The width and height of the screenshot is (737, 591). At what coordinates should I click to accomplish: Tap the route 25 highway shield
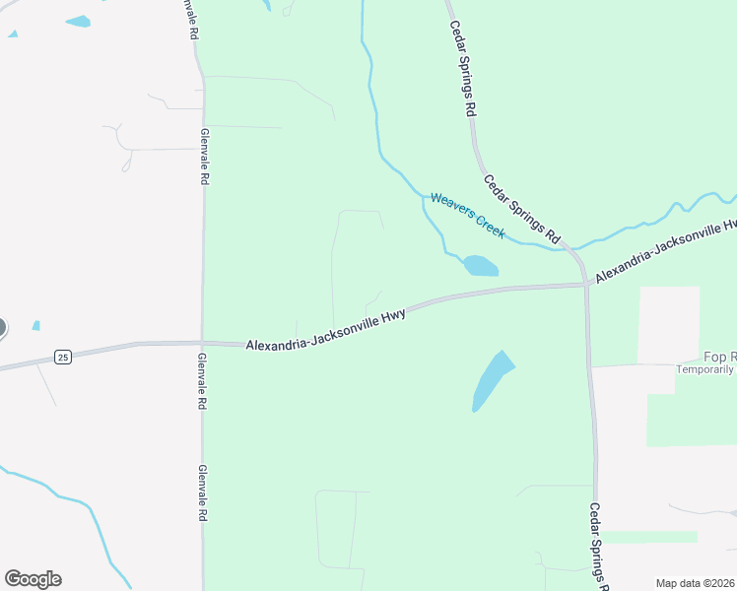point(63,357)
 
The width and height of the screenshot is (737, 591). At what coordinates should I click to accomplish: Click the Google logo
point(33,579)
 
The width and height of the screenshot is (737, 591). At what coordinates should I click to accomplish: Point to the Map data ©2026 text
point(696,583)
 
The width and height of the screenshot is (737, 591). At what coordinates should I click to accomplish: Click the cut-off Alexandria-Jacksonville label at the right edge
point(665,251)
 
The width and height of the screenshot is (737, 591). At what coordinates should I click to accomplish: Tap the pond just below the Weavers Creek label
point(481,266)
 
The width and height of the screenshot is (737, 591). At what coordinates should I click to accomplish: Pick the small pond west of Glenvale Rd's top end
point(78,21)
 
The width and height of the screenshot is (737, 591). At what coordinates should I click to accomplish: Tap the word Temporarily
point(704,370)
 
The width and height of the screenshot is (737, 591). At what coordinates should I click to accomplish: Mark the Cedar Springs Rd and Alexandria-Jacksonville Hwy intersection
point(587,285)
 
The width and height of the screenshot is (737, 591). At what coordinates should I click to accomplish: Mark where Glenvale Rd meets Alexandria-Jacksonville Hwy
point(203,343)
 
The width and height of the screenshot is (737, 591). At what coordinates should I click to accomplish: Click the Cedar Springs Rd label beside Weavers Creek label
point(521,209)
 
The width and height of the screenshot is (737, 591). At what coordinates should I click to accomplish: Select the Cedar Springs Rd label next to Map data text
point(600,546)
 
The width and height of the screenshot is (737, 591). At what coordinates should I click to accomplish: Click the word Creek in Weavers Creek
point(490,226)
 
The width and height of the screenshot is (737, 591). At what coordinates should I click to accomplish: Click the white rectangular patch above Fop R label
point(668,324)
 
